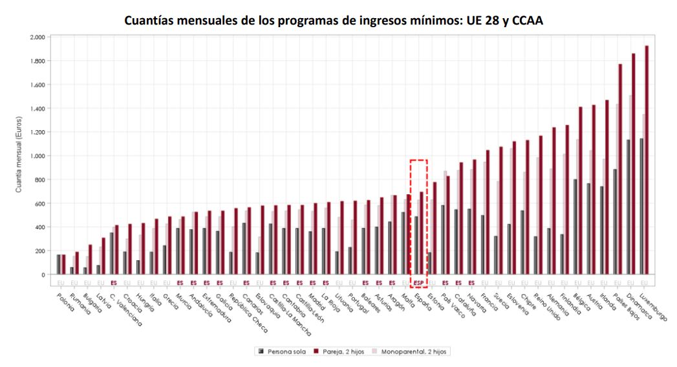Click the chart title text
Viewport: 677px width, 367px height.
[338, 20]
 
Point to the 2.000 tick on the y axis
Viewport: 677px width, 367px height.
[38, 38]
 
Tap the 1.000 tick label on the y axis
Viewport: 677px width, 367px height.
[38, 156]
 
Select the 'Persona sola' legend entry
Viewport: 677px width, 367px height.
[281, 351]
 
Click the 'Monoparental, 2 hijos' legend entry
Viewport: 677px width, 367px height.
[411, 351]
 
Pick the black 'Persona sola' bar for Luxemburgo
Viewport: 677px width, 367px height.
[641, 206]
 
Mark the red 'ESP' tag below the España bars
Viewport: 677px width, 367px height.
[418, 283]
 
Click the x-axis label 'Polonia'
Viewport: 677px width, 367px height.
[65, 302]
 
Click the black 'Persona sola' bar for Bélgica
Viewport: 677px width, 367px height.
[574, 227]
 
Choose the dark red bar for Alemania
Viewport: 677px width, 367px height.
[553, 201]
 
